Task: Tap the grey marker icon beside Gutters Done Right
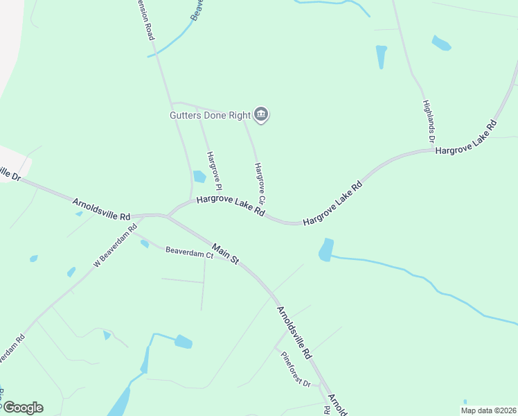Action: (x=261, y=114)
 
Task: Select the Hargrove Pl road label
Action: (x=214, y=171)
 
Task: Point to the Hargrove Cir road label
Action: (x=260, y=183)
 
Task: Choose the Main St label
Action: (x=225, y=254)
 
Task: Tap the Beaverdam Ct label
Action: (x=189, y=254)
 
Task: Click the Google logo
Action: (x=22, y=408)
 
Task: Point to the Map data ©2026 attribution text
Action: (x=488, y=410)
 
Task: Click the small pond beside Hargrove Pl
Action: (x=199, y=176)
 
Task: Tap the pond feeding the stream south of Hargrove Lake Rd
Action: (x=326, y=250)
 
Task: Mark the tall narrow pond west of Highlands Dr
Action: (x=381, y=56)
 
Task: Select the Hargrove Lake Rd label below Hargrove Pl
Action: (x=231, y=207)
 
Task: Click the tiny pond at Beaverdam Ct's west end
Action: (x=144, y=243)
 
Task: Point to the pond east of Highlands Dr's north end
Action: (x=441, y=43)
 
